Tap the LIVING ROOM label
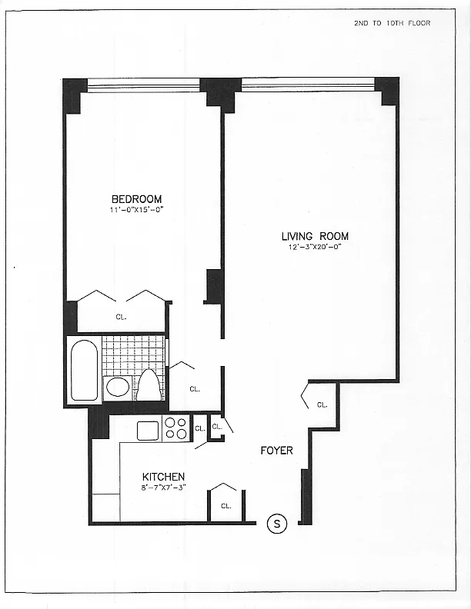click(x=315, y=236)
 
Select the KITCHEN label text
click(x=163, y=477)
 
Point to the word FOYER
click(x=276, y=450)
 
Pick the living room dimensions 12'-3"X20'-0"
click(x=315, y=247)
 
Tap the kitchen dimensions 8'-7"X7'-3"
click(x=163, y=487)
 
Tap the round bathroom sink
click(x=118, y=387)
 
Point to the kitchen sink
click(x=148, y=431)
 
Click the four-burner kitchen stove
click(x=176, y=428)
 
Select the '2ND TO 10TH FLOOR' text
click(x=392, y=23)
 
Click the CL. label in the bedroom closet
click(x=121, y=315)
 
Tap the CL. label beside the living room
click(x=322, y=404)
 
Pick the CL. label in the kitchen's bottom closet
click(x=225, y=506)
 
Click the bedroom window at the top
click(x=143, y=85)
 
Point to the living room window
click(x=308, y=84)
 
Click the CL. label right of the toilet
click(x=194, y=389)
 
